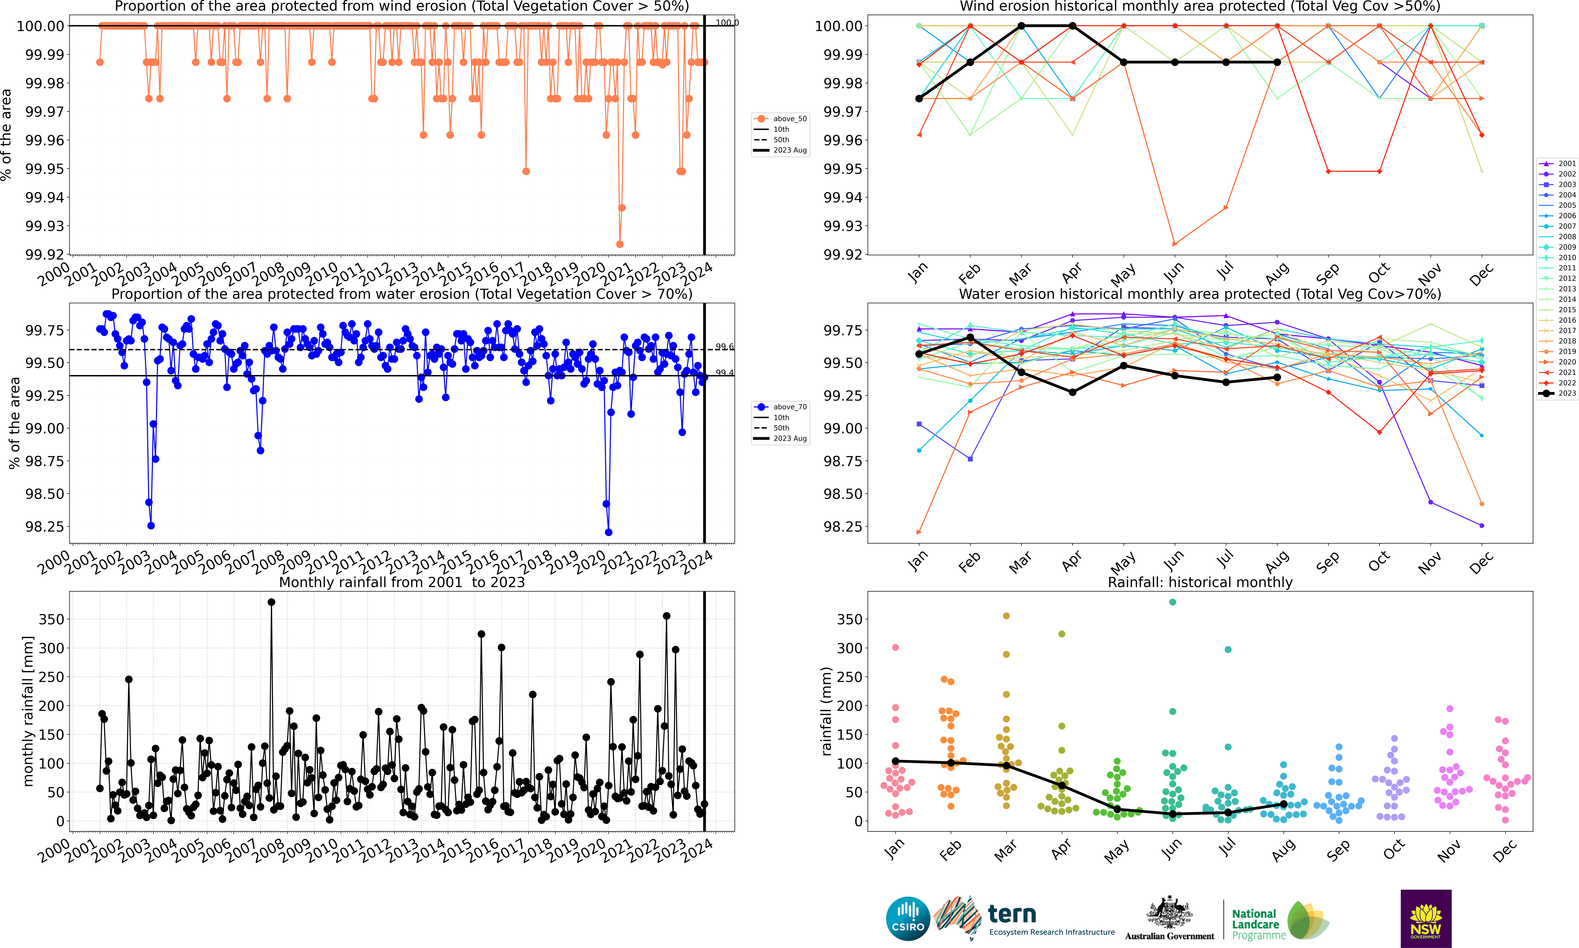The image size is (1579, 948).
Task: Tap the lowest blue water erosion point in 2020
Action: (608, 532)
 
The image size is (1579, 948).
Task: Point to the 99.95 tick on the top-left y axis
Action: (45, 169)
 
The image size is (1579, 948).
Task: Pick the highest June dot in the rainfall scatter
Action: (1172, 602)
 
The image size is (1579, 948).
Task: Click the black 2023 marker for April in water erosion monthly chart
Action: (1073, 392)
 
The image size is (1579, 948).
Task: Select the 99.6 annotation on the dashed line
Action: (725, 347)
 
